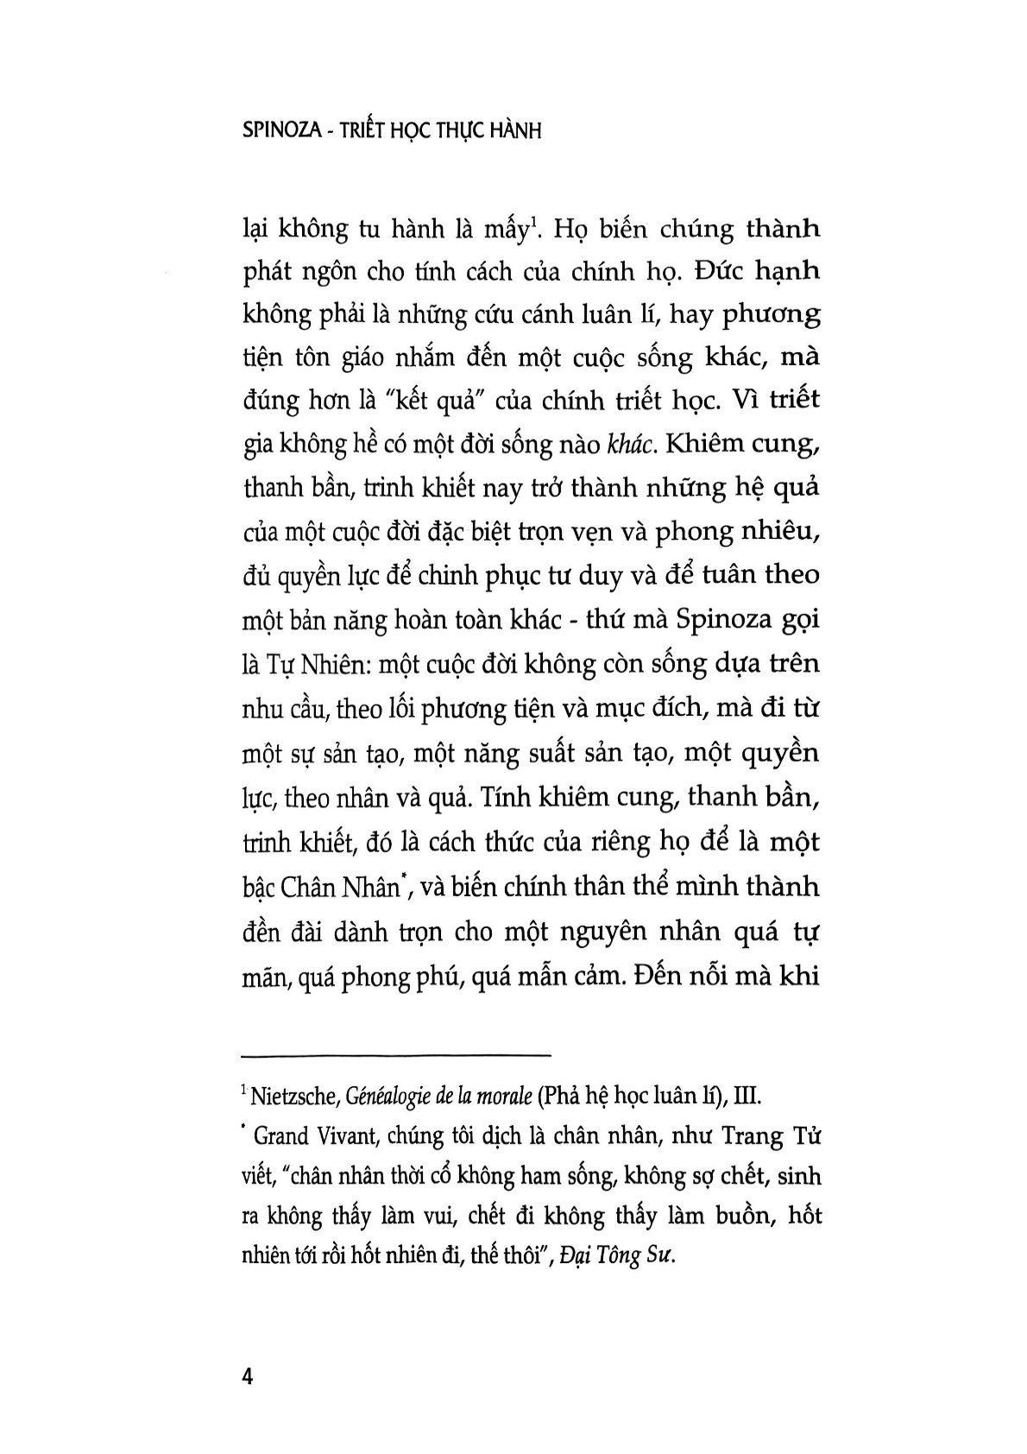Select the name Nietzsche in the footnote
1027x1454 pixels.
pyautogui.click(x=291, y=1097)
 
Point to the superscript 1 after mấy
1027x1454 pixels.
pyautogui.click(x=535, y=223)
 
